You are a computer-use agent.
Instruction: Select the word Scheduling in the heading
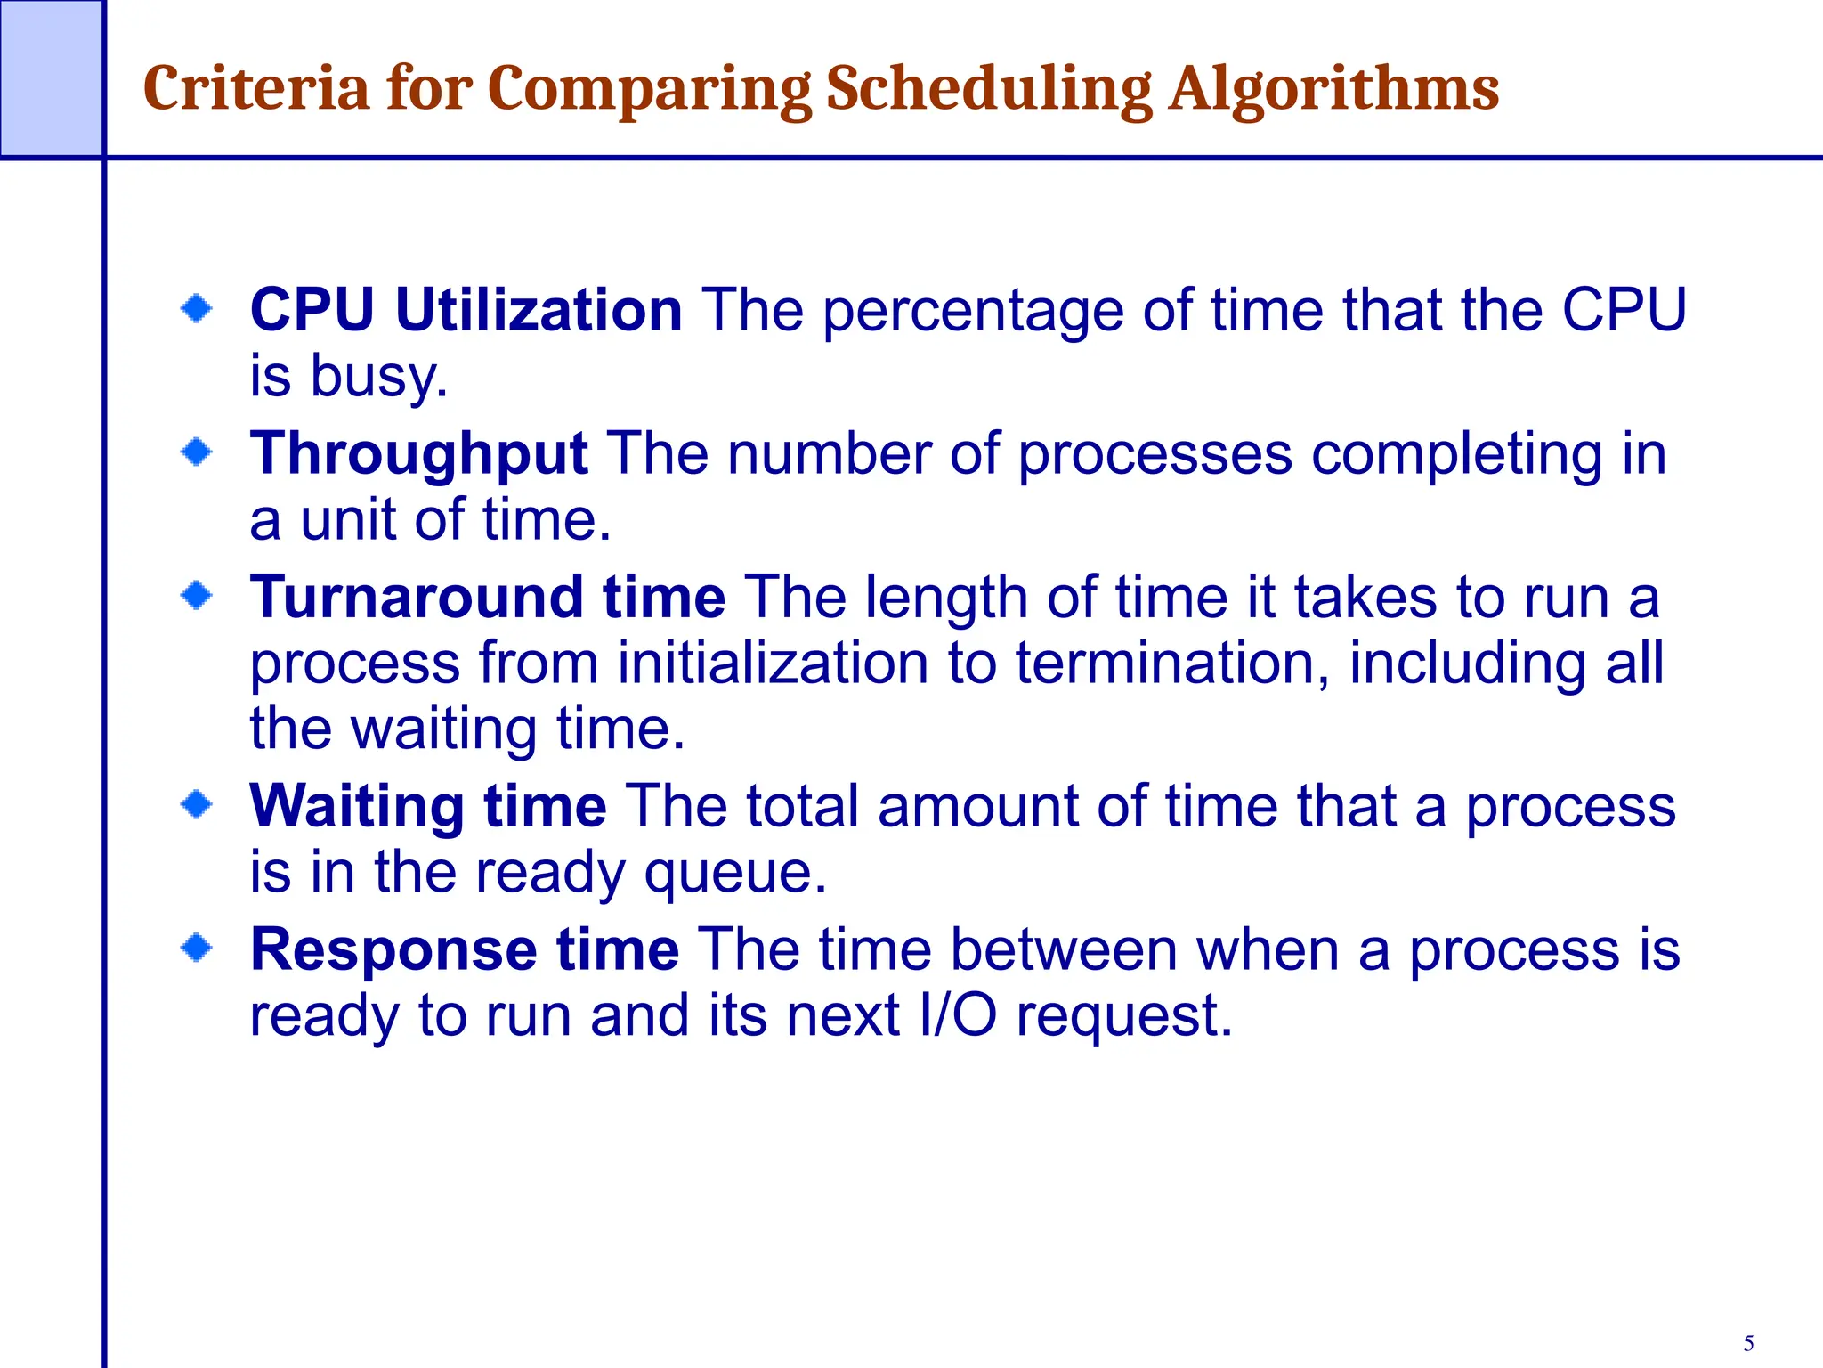pyautogui.click(x=989, y=91)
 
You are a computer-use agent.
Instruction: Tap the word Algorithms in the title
pyautogui.click(x=1334, y=91)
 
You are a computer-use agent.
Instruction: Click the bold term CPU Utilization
pyautogui.click(x=466, y=310)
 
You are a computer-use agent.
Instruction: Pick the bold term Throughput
pyautogui.click(x=418, y=454)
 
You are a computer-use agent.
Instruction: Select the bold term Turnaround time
pyautogui.click(x=488, y=597)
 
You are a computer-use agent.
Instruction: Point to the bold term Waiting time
pyautogui.click(x=428, y=806)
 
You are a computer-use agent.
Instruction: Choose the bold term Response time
pyautogui.click(x=465, y=949)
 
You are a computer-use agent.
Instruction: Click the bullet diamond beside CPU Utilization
pyautogui.click(x=197, y=310)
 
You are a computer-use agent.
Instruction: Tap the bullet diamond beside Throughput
pyautogui.click(x=197, y=452)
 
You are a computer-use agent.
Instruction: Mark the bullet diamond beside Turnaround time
pyautogui.click(x=197, y=595)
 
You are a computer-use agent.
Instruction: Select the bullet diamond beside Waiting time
pyautogui.click(x=197, y=805)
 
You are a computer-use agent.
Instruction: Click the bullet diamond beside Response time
pyautogui.click(x=197, y=948)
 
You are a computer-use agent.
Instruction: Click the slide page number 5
pyautogui.click(x=1748, y=1343)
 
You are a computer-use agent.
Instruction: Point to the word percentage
pyautogui.click(x=973, y=312)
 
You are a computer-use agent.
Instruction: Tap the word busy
pyautogui.click(x=378, y=378)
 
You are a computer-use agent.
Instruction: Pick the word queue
pyautogui.click(x=735, y=874)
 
